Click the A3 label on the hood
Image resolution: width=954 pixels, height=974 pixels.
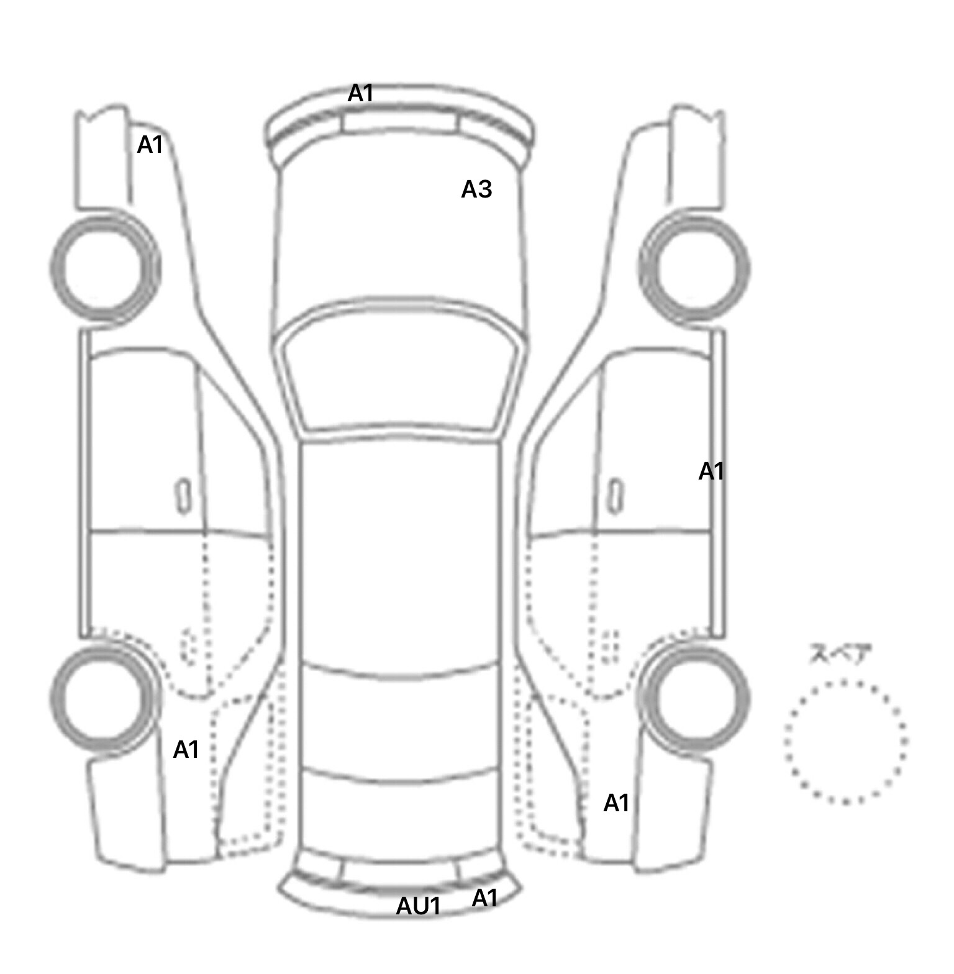point(476,189)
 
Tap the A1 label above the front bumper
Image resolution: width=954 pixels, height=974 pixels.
point(360,93)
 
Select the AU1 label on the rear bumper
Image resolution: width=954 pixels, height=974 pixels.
point(418,906)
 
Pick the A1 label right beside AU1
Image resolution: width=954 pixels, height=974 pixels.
point(484,898)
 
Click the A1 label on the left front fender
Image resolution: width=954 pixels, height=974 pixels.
point(150,145)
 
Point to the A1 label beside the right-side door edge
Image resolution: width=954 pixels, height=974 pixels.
point(711,471)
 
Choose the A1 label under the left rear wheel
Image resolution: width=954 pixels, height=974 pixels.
point(186,750)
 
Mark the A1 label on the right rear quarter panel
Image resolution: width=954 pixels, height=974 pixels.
point(616,803)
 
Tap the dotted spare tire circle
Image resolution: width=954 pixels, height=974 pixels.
point(785,742)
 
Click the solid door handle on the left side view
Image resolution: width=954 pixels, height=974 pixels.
point(183,496)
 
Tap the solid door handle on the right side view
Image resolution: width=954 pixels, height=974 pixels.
point(616,496)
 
